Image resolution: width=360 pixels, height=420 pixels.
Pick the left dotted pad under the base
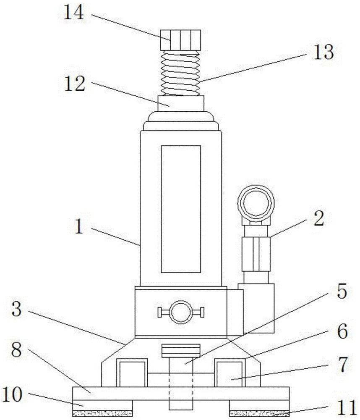[x=102, y=413]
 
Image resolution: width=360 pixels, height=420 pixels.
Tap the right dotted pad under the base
[x=259, y=413]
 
